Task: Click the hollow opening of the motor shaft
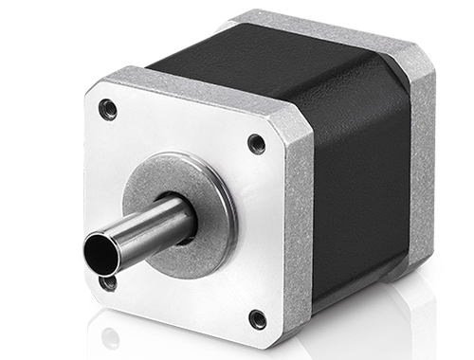click(100, 253)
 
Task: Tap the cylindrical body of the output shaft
click(142, 232)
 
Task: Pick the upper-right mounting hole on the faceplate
click(256, 144)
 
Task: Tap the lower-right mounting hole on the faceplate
click(256, 317)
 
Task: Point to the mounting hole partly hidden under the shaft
click(110, 281)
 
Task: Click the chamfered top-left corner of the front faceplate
click(95, 85)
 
